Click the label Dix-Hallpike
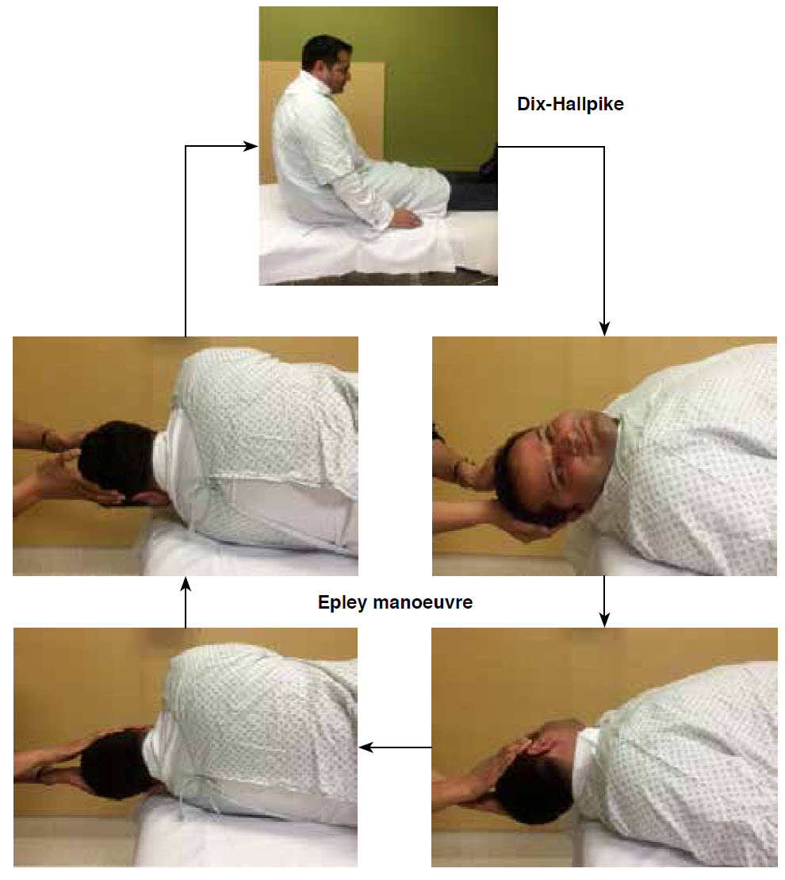570,105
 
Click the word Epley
342,603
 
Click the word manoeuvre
423,603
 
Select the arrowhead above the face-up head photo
604,329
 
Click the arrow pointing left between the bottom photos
396,747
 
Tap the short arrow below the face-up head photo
604,601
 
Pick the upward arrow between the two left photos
186,603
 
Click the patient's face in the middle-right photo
577,449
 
